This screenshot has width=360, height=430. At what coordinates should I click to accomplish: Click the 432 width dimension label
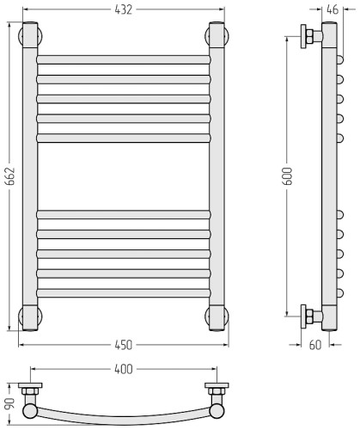click(124, 9)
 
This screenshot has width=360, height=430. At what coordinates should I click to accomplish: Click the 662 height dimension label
click(10, 176)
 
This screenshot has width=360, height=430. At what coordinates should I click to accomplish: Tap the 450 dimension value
click(124, 345)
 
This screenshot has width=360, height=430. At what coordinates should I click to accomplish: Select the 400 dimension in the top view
click(124, 369)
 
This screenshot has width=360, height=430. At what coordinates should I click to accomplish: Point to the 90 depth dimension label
click(9, 404)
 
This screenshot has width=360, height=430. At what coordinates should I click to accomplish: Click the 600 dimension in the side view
click(288, 176)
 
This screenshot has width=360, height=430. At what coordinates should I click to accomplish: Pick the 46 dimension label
click(333, 9)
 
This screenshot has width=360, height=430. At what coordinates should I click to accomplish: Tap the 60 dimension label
click(315, 345)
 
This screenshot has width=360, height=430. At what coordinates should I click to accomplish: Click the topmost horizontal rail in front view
click(124, 59)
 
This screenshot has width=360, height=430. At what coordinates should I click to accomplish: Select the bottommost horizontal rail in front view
click(124, 293)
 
